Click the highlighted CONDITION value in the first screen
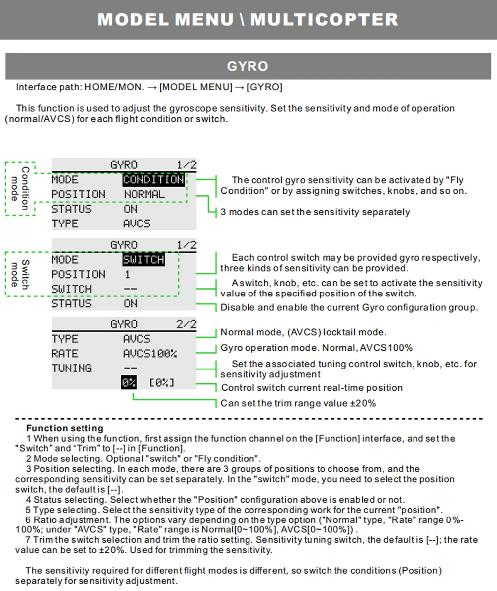click(154, 180)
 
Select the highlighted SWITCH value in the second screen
click(144, 260)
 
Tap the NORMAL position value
click(145, 195)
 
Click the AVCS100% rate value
click(150, 354)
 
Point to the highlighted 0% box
click(129, 383)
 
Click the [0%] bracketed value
click(162, 383)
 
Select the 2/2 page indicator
click(186, 324)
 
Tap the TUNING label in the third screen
click(72, 368)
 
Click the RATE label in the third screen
click(65, 354)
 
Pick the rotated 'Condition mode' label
click(20, 188)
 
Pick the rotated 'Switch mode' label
click(20, 274)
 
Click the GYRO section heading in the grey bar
click(248, 66)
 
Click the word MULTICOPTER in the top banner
click(325, 19)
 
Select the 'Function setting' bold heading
click(65, 428)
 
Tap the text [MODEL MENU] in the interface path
click(196, 87)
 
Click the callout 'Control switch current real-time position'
click(312, 388)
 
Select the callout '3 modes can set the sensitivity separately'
click(315, 212)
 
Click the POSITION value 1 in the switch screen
click(127, 274)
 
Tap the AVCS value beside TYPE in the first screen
click(137, 224)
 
